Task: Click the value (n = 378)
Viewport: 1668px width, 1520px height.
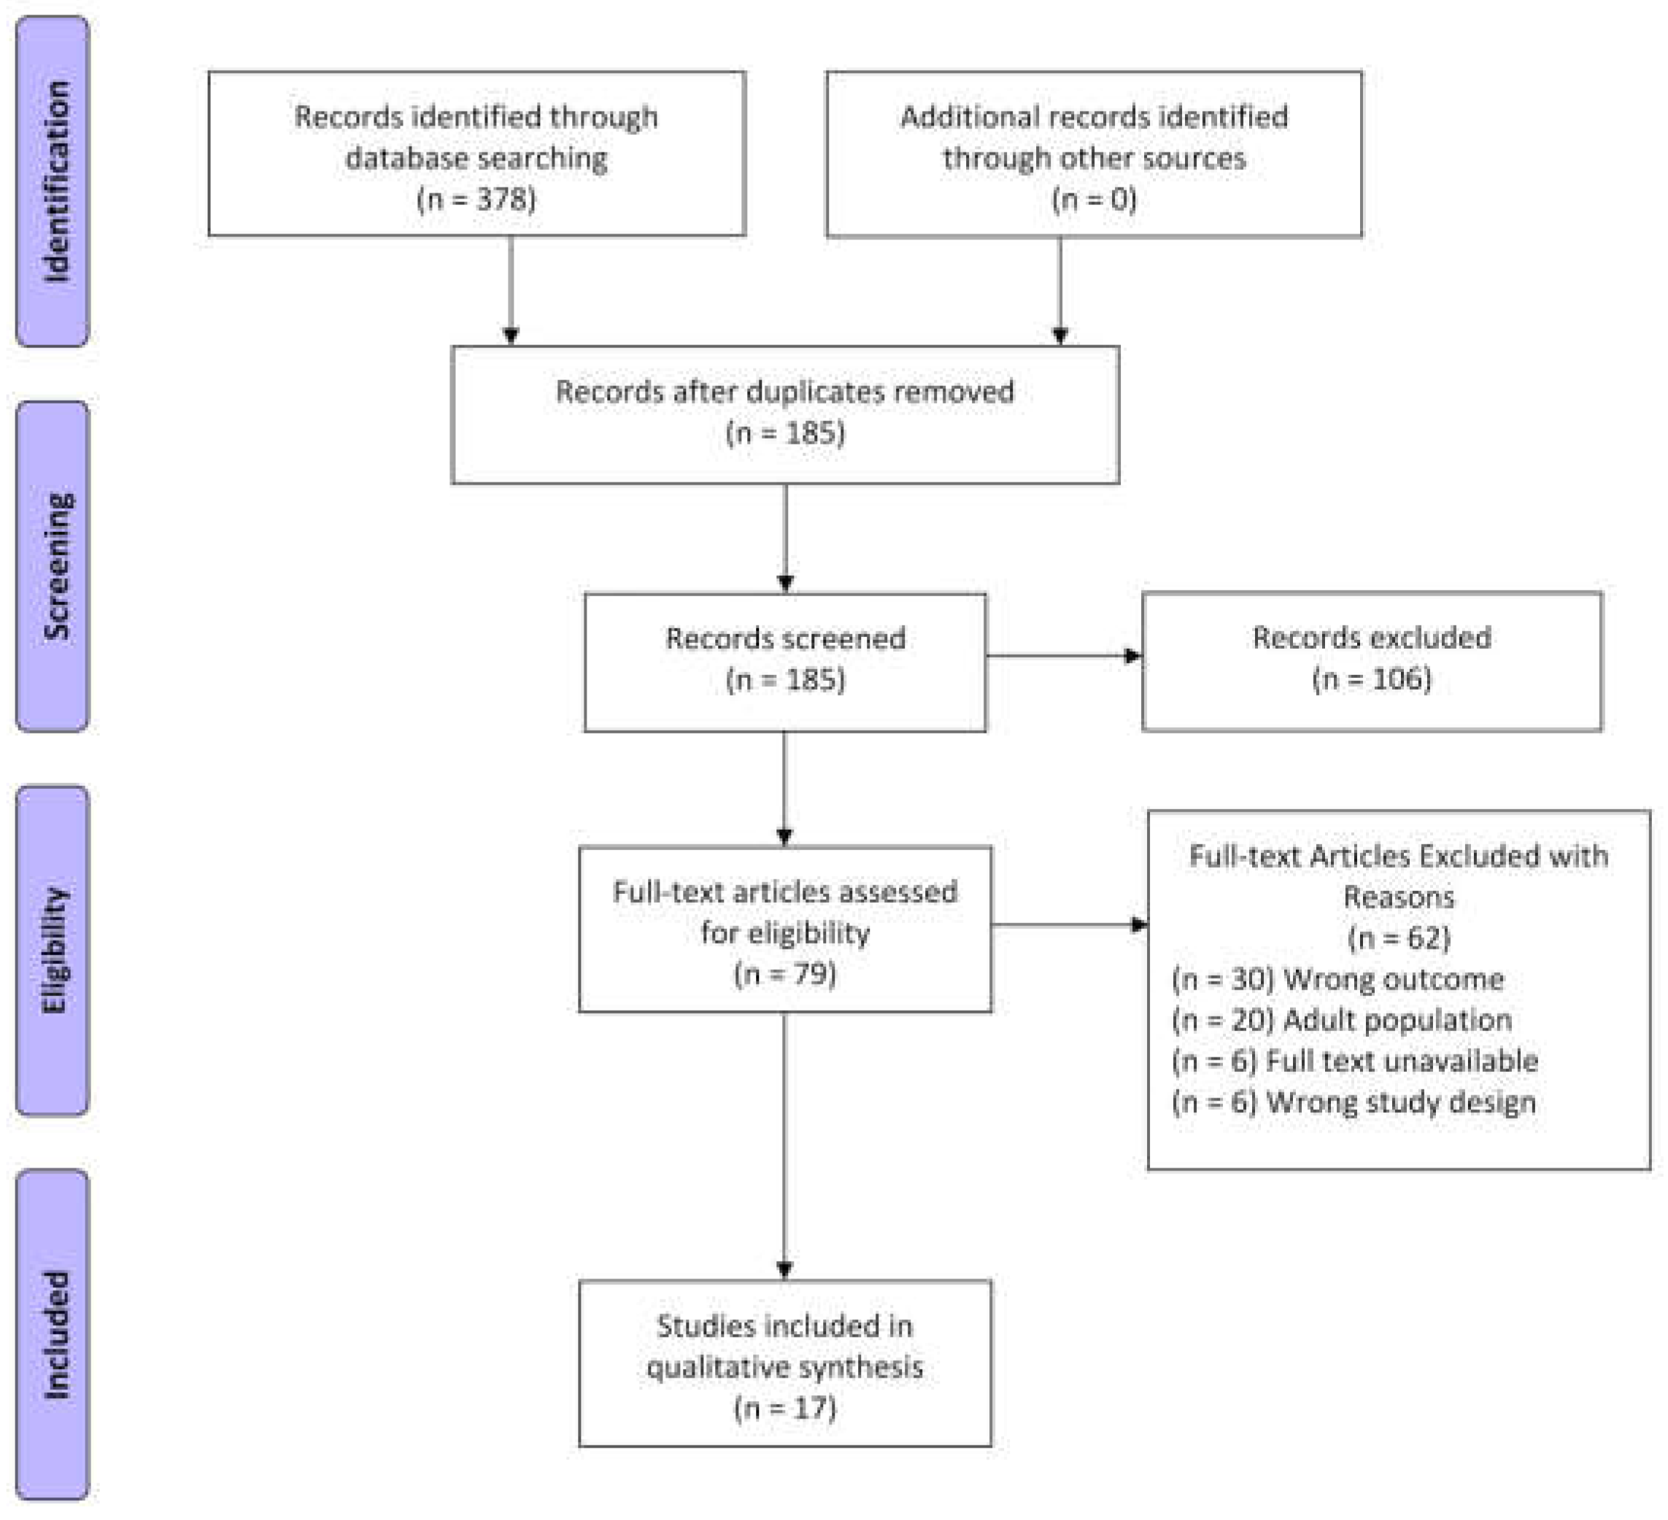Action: pos(476,199)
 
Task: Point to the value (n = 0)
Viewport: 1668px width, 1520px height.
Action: pos(1094,199)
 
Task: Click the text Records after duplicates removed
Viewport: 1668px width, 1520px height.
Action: pos(784,391)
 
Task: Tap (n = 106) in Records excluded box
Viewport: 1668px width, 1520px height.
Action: pos(1371,679)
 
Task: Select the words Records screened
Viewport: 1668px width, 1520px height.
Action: pos(784,638)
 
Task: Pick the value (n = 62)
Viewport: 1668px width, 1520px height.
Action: pos(1398,938)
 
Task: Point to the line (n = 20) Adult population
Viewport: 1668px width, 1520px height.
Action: pos(1341,1019)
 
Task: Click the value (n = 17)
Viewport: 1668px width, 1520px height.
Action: pos(784,1408)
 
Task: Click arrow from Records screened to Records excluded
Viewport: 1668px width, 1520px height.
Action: pos(1063,655)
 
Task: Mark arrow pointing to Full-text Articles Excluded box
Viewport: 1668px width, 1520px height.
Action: pos(1068,925)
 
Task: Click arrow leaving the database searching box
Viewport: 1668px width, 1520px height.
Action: pos(511,290)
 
